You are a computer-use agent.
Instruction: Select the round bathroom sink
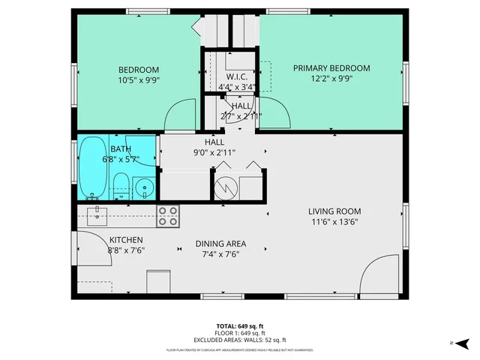pos(143,187)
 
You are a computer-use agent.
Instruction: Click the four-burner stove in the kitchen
pos(167,216)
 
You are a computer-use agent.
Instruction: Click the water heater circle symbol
pos(225,187)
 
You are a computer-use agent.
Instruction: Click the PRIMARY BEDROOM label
pos(331,68)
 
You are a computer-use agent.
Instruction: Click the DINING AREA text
pos(220,244)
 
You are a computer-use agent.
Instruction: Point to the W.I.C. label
pos(236,76)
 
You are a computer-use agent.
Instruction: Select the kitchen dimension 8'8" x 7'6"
pos(126,250)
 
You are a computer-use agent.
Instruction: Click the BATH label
pos(121,148)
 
